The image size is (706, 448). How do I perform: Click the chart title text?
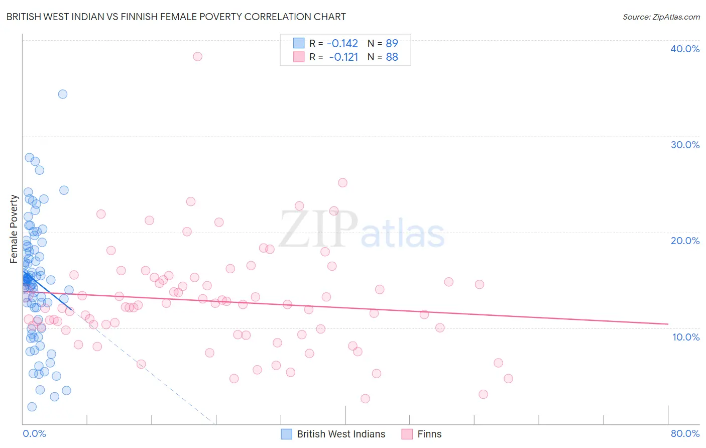pos(176,17)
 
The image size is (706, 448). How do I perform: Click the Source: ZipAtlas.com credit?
pos(661,17)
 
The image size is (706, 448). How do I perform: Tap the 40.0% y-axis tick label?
pos(685,49)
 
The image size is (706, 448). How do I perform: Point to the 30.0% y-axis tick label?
pos(685,145)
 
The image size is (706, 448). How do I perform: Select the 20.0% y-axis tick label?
pos(685,241)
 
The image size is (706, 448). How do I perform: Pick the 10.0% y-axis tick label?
pos(686,337)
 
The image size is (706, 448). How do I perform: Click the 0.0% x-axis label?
pos(34,433)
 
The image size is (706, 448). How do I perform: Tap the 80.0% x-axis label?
pos(685,433)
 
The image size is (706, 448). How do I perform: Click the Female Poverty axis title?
pos(14,229)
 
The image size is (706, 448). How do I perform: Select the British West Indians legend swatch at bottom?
pos(286,434)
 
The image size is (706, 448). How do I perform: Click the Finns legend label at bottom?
pos(429,434)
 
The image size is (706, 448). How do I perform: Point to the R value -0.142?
pos(342,43)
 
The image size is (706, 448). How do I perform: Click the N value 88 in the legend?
pos(392,57)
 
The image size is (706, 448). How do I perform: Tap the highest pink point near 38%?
pos(197,56)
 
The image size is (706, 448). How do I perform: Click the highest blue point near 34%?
pos(63,94)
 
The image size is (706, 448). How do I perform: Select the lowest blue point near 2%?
pos(32,407)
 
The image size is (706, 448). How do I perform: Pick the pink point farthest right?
pos(508,379)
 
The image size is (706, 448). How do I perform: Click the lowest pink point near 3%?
pos(365,399)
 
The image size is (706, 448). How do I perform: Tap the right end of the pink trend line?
pos(668,324)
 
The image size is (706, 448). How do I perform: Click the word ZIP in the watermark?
pos(318,230)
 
